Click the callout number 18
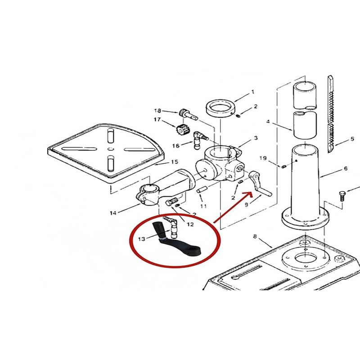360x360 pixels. coord(157,111)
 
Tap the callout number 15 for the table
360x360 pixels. coord(175,162)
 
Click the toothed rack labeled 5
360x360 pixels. coord(331,114)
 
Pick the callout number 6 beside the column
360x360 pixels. coord(346,169)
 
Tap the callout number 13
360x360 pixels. coord(142,239)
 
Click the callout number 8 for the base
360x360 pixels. coord(255,236)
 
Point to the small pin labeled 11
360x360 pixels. coord(202,190)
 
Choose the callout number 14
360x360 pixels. coord(113,213)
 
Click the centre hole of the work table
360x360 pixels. coord(110,149)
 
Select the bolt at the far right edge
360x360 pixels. coord(342,196)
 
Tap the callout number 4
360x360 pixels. coord(268,121)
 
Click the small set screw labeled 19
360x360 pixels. coord(283,166)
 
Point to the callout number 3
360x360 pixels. coord(256,138)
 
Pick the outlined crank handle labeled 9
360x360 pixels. coord(260,184)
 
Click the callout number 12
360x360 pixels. coord(190,224)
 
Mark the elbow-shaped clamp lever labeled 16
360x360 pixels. coord(199,139)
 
